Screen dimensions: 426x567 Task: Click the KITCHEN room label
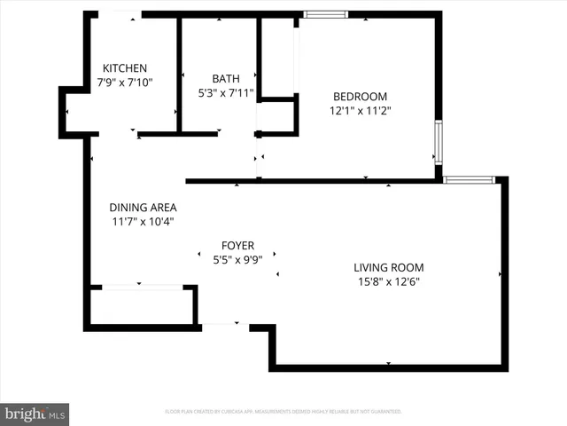[124, 68]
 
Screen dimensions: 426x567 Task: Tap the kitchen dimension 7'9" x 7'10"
[124, 83]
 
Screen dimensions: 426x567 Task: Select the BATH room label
[226, 78]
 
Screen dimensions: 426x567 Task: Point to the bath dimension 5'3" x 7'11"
[226, 92]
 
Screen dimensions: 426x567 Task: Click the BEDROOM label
[360, 97]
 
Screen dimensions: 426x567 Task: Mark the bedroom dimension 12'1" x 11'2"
[360, 111]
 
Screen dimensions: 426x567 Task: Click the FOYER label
[237, 246]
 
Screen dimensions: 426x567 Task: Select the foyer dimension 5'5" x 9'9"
[237, 260]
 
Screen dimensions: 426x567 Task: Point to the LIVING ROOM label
[388, 268]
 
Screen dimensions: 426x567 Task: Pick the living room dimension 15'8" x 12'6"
[388, 282]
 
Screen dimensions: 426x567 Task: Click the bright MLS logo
[35, 414]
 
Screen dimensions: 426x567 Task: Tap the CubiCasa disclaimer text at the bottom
[283, 412]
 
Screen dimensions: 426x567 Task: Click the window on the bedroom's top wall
[325, 14]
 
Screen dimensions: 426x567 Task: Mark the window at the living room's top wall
[469, 180]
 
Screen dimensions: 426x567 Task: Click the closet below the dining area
[142, 307]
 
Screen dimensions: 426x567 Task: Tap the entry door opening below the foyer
[225, 326]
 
